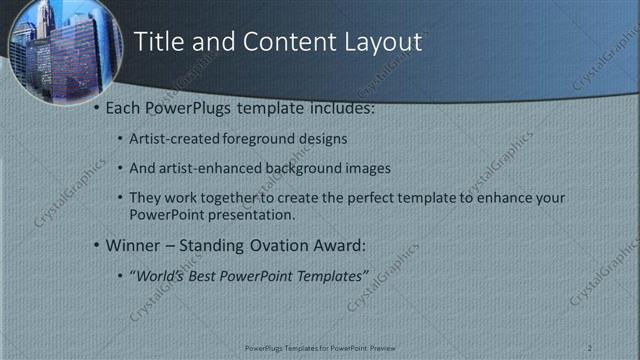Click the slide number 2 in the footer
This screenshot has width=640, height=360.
click(590, 347)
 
